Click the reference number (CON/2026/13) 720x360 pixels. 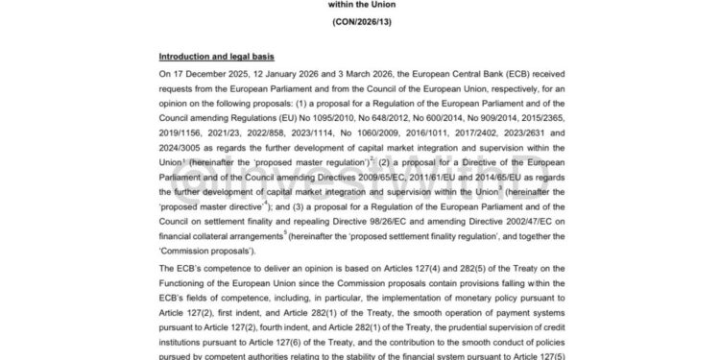[359, 21]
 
